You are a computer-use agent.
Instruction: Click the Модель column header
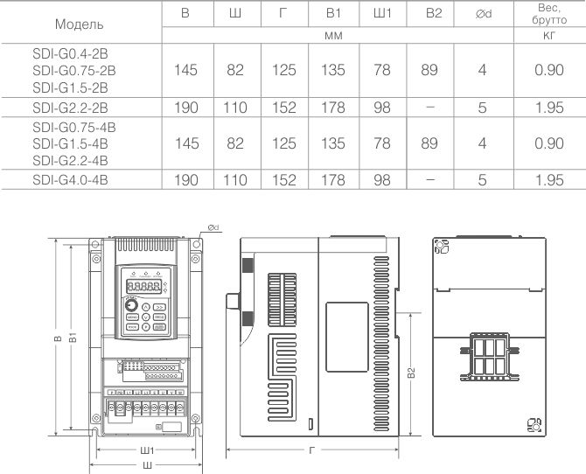pyautogui.click(x=79, y=24)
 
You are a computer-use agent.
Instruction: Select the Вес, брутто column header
pyautogui.click(x=549, y=14)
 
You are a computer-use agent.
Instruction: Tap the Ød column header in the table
pyautogui.click(x=483, y=14)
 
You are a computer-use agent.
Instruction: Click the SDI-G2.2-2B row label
pyautogui.click(x=70, y=108)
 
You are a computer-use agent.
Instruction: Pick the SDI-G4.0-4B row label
pyautogui.click(x=70, y=180)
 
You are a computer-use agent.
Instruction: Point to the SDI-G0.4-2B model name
pyautogui.click(x=70, y=54)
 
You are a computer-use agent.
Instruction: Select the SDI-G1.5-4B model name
pyautogui.click(x=70, y=143)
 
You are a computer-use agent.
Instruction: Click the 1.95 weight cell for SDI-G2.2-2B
pyautogui.click(x=549, y=108)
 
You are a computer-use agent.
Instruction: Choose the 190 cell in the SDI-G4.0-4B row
pyautogui.click(x=186, y=180)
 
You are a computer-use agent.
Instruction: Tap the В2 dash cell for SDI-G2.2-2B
pyautogui.click(x=430, y=108)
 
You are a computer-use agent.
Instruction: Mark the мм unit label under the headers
pyautogui.click(x=333, y=36)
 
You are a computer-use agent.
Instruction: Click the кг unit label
pyautogui.click(x=549, y=36)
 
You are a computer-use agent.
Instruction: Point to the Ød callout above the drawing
pyautogui.click(x=213, y=227)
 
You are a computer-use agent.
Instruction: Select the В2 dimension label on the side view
pyautogui.click(x=411, y=373)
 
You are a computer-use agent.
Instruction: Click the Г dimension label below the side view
pyautogui.click(x=312, y=450)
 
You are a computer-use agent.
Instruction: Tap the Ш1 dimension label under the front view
pyautogui.click(x=147, y=450)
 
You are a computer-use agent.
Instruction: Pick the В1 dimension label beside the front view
pyautogui.click(x=73, y=337)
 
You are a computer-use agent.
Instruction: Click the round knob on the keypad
pyautogui.click(x=131, y=306)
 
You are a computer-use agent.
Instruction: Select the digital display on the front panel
pyautogui.click(x=144, y=287)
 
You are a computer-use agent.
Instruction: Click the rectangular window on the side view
pyautogui.click(x=347, y=338)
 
